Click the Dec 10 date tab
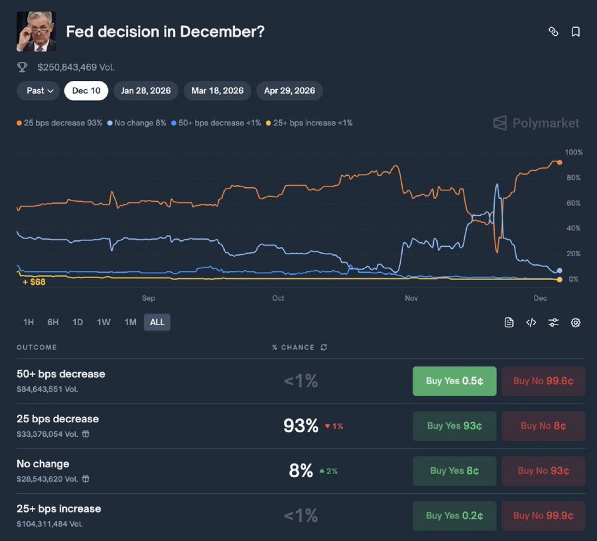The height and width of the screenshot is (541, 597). tap(86, 91)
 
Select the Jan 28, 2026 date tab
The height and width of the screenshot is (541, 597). tap(146, 91)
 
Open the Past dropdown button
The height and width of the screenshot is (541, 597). tap(40, 91)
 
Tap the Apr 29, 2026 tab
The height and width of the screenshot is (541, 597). tap(289, 91)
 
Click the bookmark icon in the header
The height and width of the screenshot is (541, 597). tap(575, 32)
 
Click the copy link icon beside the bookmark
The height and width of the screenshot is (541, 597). tap(553, 32)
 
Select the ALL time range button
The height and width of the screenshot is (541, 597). tap(157, 322)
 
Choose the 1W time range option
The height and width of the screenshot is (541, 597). tap(104, 322)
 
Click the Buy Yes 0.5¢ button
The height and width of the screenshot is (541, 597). tap(454, 381)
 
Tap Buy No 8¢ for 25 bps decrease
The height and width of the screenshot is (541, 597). tap(543, 426)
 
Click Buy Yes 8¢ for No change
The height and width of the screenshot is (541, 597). tap(454, 471)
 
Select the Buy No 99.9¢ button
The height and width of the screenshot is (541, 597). tap(543, 516)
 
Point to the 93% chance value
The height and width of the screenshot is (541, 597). tap(301, 426)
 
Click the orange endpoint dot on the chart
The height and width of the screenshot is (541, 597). tap(559, 162)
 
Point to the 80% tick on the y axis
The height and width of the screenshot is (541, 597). tap(573, 177)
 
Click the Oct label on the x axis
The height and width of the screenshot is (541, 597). tap(278, 298)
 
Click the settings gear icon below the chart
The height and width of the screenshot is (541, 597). tap(575, 323)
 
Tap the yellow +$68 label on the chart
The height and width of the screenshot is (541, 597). tap(34, 282)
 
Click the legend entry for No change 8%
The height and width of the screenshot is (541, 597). tap(137, 123)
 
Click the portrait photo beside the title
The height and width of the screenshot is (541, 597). tap(36, 32)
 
